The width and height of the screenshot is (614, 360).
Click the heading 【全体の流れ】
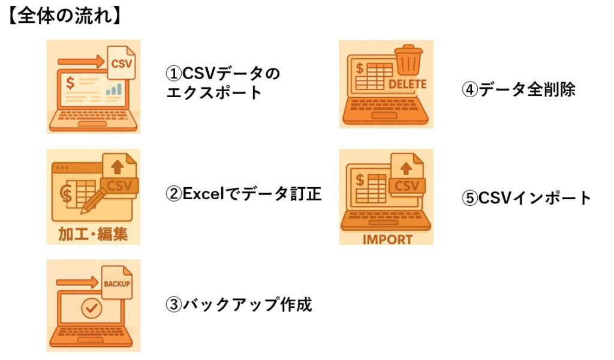[65, 16]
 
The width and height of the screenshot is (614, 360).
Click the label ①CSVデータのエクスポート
[223, 83]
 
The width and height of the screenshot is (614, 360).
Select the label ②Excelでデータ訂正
[244, 194]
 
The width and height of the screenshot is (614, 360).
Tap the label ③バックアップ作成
[239, 305]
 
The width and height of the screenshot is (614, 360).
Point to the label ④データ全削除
[519, 89]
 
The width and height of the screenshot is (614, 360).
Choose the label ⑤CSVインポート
[526, 197]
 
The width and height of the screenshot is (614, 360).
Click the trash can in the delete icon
[408, 59]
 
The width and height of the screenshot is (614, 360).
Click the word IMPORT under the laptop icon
[387, 239]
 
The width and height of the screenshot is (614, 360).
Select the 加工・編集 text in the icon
[94, 233]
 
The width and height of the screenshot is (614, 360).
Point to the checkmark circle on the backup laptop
[91, 310]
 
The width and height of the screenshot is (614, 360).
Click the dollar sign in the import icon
[360, 179]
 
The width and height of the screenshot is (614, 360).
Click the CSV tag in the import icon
[407, 185]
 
